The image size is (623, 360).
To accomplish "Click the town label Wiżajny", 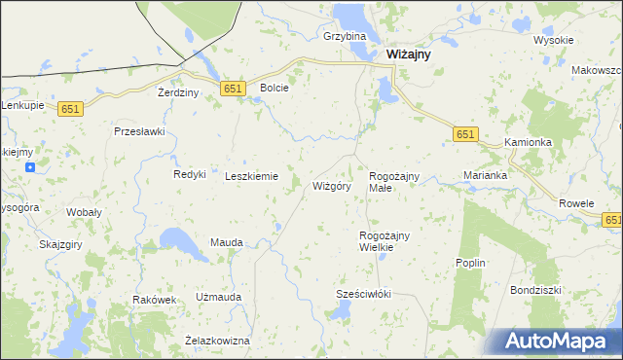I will pos(410,55).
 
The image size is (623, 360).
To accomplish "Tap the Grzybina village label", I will pos(345,37).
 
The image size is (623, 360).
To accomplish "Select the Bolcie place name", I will pos(275,88).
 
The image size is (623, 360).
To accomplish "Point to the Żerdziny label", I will pos(178,92).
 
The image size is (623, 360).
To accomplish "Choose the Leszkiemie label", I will pos(252,176).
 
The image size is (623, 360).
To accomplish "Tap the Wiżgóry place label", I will pos(331,186).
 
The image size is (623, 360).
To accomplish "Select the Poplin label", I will pos(470,263).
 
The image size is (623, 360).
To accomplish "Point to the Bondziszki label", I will pos(536,290).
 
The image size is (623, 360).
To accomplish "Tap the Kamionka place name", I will pos(529,142).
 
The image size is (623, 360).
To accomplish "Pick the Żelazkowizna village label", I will pos(217,341).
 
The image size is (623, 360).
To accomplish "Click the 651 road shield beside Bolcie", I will pos(232,89).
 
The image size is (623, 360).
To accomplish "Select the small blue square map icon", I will pos(31,167).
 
